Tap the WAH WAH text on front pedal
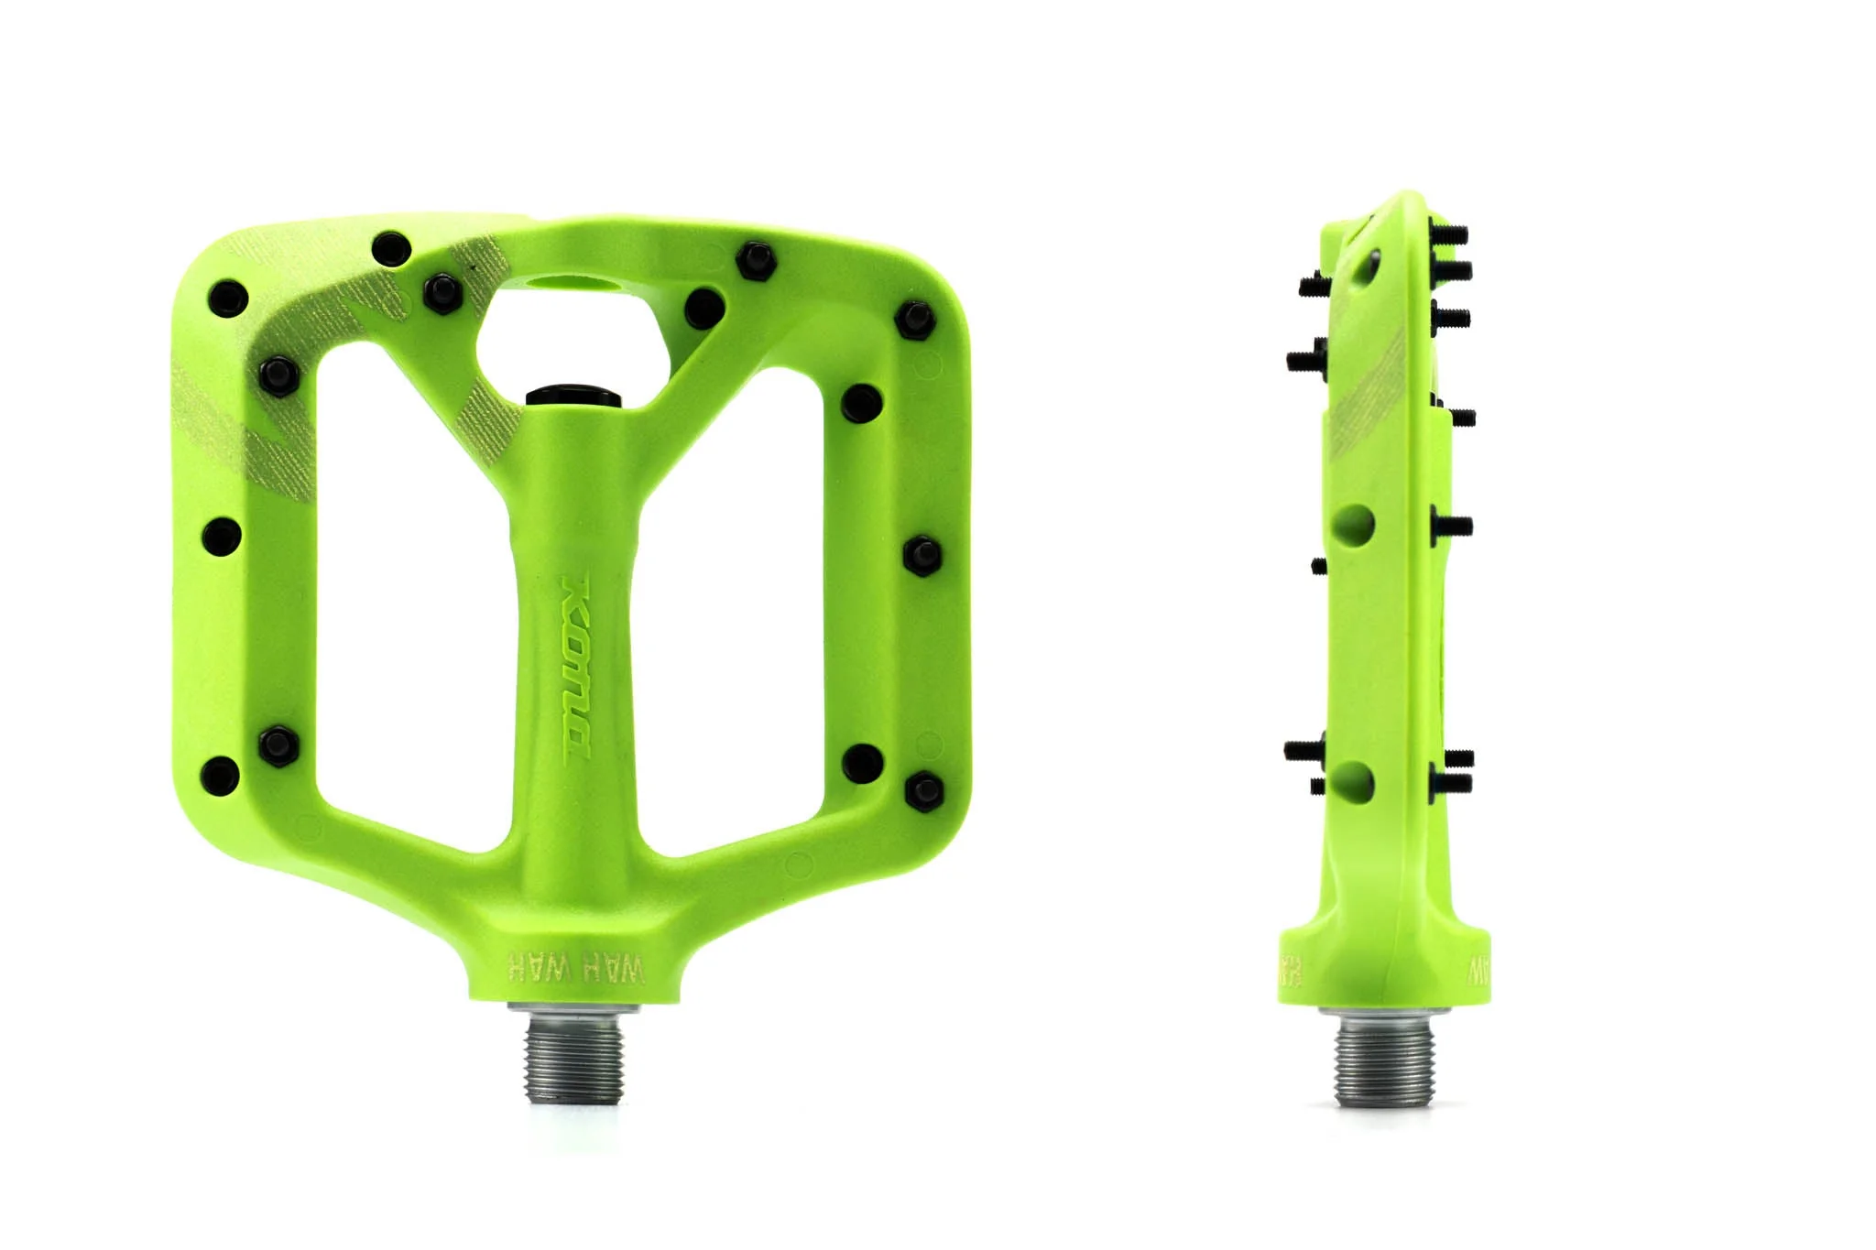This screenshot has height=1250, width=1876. coord(575,967)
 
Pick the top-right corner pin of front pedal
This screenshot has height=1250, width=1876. coord(913,320)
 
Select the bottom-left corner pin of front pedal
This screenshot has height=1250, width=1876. coord(220,775)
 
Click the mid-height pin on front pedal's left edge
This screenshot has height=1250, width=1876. coord(221,537)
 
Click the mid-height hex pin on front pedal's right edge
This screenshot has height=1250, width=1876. coord(922,555)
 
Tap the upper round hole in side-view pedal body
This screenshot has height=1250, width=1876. coord(1354,526)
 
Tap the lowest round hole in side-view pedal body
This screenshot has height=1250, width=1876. coord(1354,782)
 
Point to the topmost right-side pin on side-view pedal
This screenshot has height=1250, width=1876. coord(1449,234)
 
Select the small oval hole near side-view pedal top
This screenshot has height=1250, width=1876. coord(1368,266)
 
